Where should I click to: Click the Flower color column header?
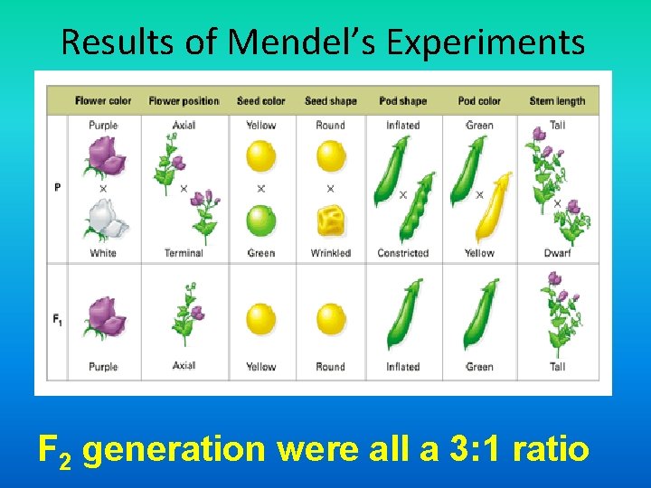(x=103, y=100)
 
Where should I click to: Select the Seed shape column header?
(x=330, y=100)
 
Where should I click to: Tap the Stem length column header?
(x=557, y=100)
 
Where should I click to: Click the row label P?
(x=58, y=188)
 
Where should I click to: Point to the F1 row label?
(x=58, y=319)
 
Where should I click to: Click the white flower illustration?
(x=103, y=220)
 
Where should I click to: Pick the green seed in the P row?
(x=260, y=221)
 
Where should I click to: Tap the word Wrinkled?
(x=330, y=253)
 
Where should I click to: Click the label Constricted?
(x=402, y=253)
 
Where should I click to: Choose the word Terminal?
(x=184, y=253)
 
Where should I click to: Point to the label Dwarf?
(x=557, y=253)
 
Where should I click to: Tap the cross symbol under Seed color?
(x=260, y=189)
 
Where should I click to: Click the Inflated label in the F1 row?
(x=402, y=367)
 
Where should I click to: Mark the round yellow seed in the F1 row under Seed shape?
(x=331, y=320)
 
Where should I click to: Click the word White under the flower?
(x=103, y=253)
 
